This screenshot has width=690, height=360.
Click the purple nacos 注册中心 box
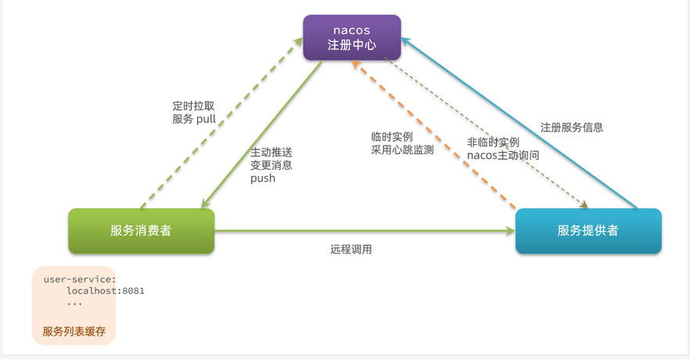click(352, 38)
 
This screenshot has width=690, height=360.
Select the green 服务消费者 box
click(142, 231)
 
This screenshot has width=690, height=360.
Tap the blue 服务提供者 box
click(588, 231)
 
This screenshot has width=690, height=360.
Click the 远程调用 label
click(351, 250)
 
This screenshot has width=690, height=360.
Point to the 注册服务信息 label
click(572, 128)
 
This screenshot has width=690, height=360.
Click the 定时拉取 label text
click(194, 106)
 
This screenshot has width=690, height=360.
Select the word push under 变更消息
click(263, 178)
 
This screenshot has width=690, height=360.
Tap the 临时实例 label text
click(392, 137)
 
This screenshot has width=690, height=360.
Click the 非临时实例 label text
click(494, 142)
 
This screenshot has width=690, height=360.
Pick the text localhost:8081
click(106, 291)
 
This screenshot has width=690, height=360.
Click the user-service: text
click(80, 279)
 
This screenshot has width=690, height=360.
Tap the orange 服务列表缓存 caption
click(74, 331)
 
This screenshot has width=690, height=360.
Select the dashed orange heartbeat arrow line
click(434, 135)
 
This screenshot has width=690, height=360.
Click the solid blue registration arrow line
click(519, 123)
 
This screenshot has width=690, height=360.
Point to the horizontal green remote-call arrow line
click(365, 231)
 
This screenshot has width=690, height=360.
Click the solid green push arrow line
click(261, 135)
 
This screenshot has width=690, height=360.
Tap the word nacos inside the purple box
click(351, 31)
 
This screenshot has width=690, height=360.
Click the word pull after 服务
click(206, 119)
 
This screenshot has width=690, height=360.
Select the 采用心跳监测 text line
click(402, 150)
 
